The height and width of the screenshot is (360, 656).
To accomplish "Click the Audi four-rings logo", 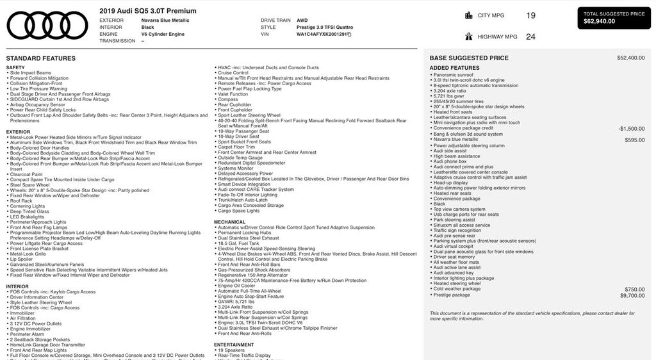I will click(47, 25).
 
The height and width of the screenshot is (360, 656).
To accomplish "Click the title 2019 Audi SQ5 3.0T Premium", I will click(148, 11).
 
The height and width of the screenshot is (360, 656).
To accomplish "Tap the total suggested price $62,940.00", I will click(599, 21).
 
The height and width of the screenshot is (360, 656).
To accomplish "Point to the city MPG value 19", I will click(530, 15).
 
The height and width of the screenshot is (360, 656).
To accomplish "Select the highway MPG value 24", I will click(530, 37).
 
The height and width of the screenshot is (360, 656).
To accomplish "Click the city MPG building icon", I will click(469, 15).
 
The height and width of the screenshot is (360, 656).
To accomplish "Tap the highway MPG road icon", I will click(469, 37).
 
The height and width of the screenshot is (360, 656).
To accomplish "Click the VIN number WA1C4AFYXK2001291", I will click(322, 35).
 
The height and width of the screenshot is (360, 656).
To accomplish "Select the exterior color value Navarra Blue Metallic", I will click(165, 20).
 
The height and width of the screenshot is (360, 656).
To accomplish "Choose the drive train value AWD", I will click(302, 20).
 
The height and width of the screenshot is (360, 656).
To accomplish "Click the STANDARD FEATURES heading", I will click(41, 58).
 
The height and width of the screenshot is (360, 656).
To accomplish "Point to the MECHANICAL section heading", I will click(229, 222).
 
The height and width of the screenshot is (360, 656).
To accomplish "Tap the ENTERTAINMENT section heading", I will click(234, 344).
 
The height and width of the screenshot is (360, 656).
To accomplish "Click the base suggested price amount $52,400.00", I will click(631, 58).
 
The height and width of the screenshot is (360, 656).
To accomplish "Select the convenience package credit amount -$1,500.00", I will click(632, 128).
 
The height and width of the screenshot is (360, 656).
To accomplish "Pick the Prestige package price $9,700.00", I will click(632, 295).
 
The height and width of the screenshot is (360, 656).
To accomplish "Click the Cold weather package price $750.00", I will click(635, 290).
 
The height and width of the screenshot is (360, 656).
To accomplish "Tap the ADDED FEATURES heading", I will click(454, 68).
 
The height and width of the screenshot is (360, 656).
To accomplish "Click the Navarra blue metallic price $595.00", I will click(635, 140).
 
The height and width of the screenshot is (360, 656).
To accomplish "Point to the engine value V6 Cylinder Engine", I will click(163, 34).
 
